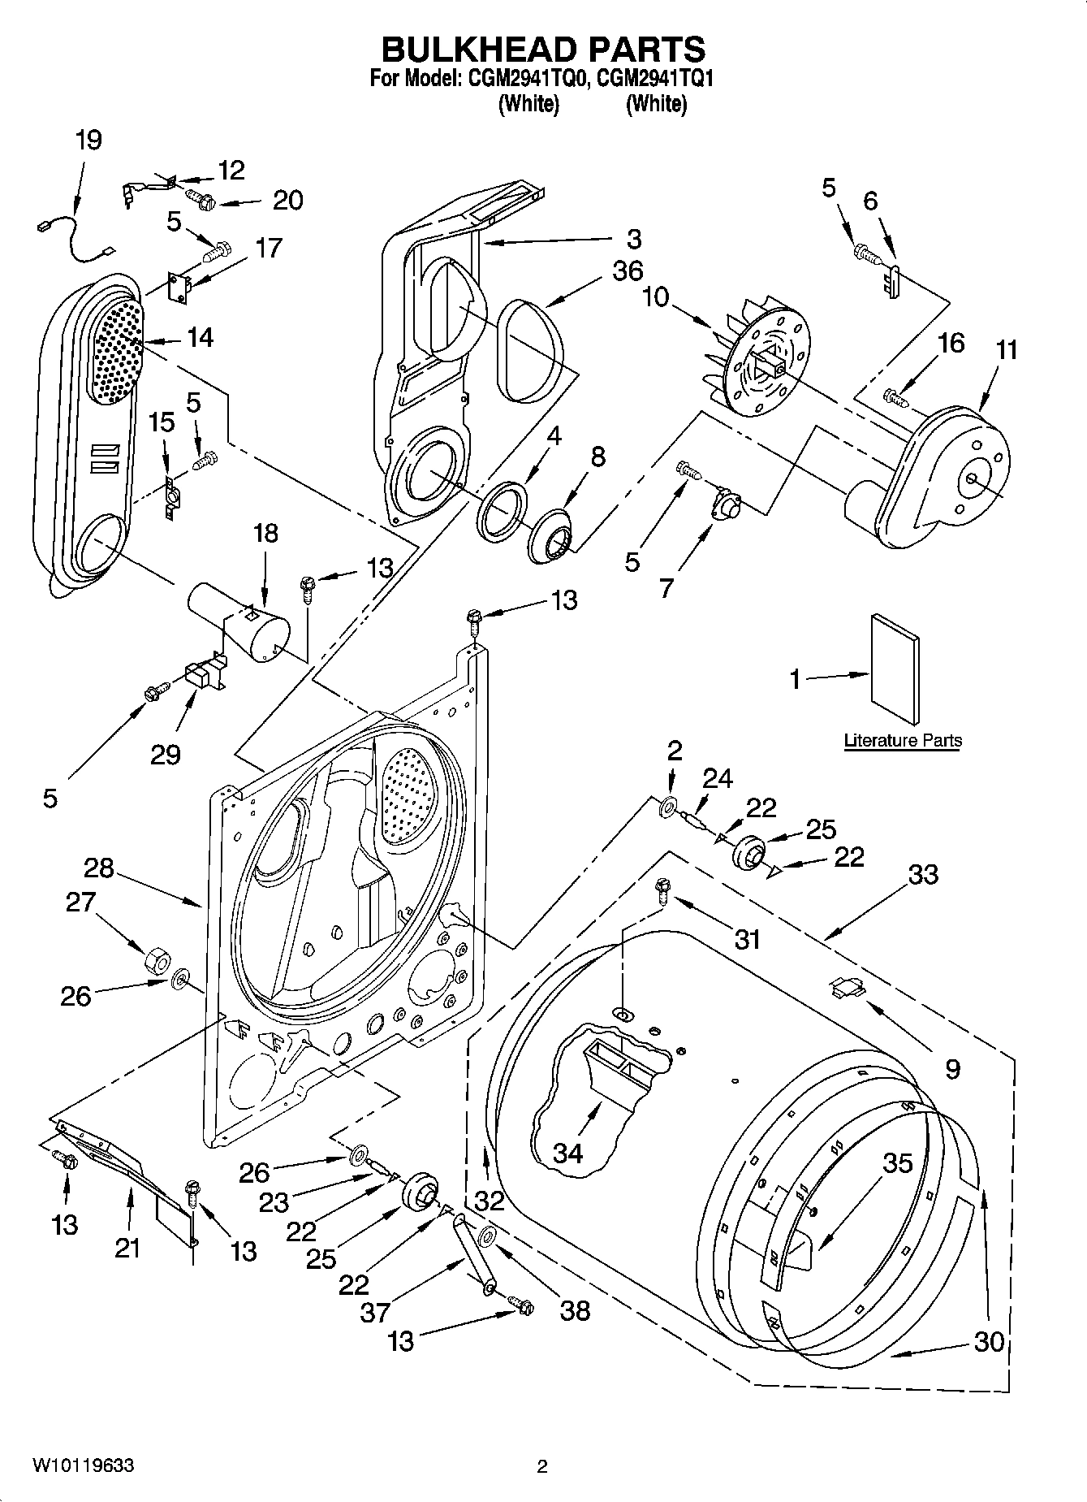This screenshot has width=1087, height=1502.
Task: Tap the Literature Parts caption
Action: click(903, 740)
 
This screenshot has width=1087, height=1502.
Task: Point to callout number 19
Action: click(88, 140)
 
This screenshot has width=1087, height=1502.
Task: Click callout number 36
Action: click(628, 271)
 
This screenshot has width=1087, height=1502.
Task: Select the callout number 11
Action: click(1007, 350)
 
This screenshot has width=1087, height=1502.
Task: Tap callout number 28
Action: click(98, 868)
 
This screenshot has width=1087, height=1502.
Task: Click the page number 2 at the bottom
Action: click(542, 1466)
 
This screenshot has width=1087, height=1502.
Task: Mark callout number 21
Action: click(127, 1247)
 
